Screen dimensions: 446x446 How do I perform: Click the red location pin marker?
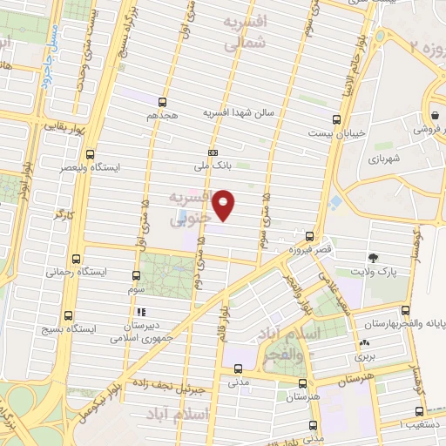[x=225, y=204]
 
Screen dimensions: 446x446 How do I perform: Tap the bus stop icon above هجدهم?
[x=162, y=101]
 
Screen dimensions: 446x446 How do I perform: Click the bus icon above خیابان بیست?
[x=337, y=119]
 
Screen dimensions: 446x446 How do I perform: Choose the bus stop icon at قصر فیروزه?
[x=310, y=236]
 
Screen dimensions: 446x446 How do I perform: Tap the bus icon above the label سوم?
[x=137, y=272]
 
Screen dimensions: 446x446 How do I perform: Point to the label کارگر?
[x=58, y=213]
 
